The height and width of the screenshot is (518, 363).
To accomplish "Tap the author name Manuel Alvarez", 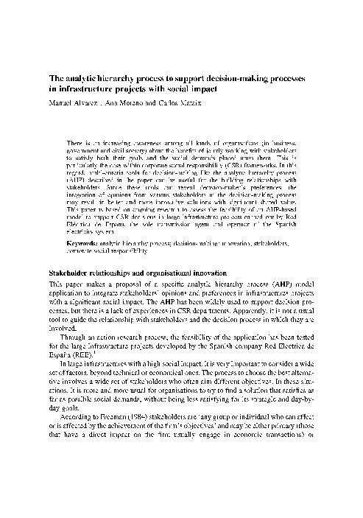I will [x=73, y=103].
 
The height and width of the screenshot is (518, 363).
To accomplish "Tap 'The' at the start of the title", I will [x=56, y=78].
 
